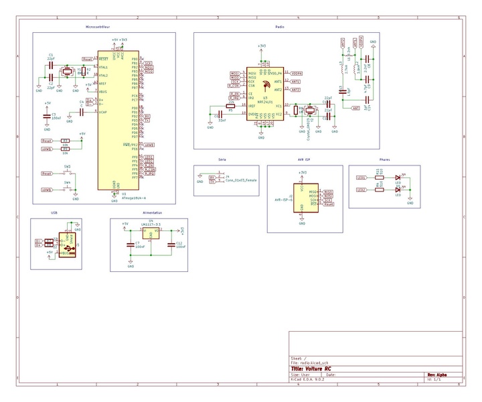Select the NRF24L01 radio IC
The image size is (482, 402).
click(x=266, y=92)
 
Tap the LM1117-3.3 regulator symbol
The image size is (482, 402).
click(x=151, y=232)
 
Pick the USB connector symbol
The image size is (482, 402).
click(x=67, y=245)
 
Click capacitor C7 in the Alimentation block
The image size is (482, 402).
click(x=131, y=245)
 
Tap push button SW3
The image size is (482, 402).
click(x=68, y=173)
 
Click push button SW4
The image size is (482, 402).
click(x=68, y=190)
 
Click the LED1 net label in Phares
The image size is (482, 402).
click(x=361, y=178)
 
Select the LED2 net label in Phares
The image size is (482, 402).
click(x=361, y=190)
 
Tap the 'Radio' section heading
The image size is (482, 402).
click(x=279, y=27)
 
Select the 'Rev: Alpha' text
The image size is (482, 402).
click(x=437, y=375)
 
